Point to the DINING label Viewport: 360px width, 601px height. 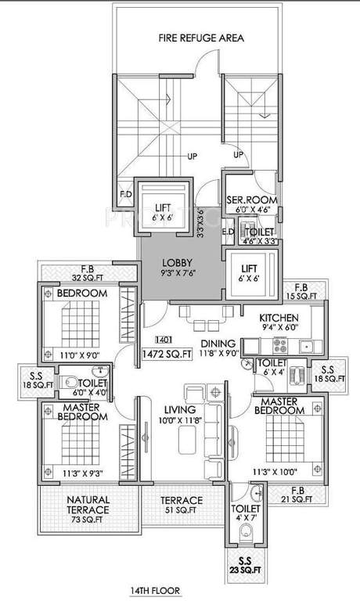[218, 343]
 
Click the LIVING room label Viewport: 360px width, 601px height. [179, 409]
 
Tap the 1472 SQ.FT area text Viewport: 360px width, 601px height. [167, 354]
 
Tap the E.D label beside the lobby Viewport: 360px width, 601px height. [228, 231]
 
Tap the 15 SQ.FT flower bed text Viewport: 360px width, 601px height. [301, 296]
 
